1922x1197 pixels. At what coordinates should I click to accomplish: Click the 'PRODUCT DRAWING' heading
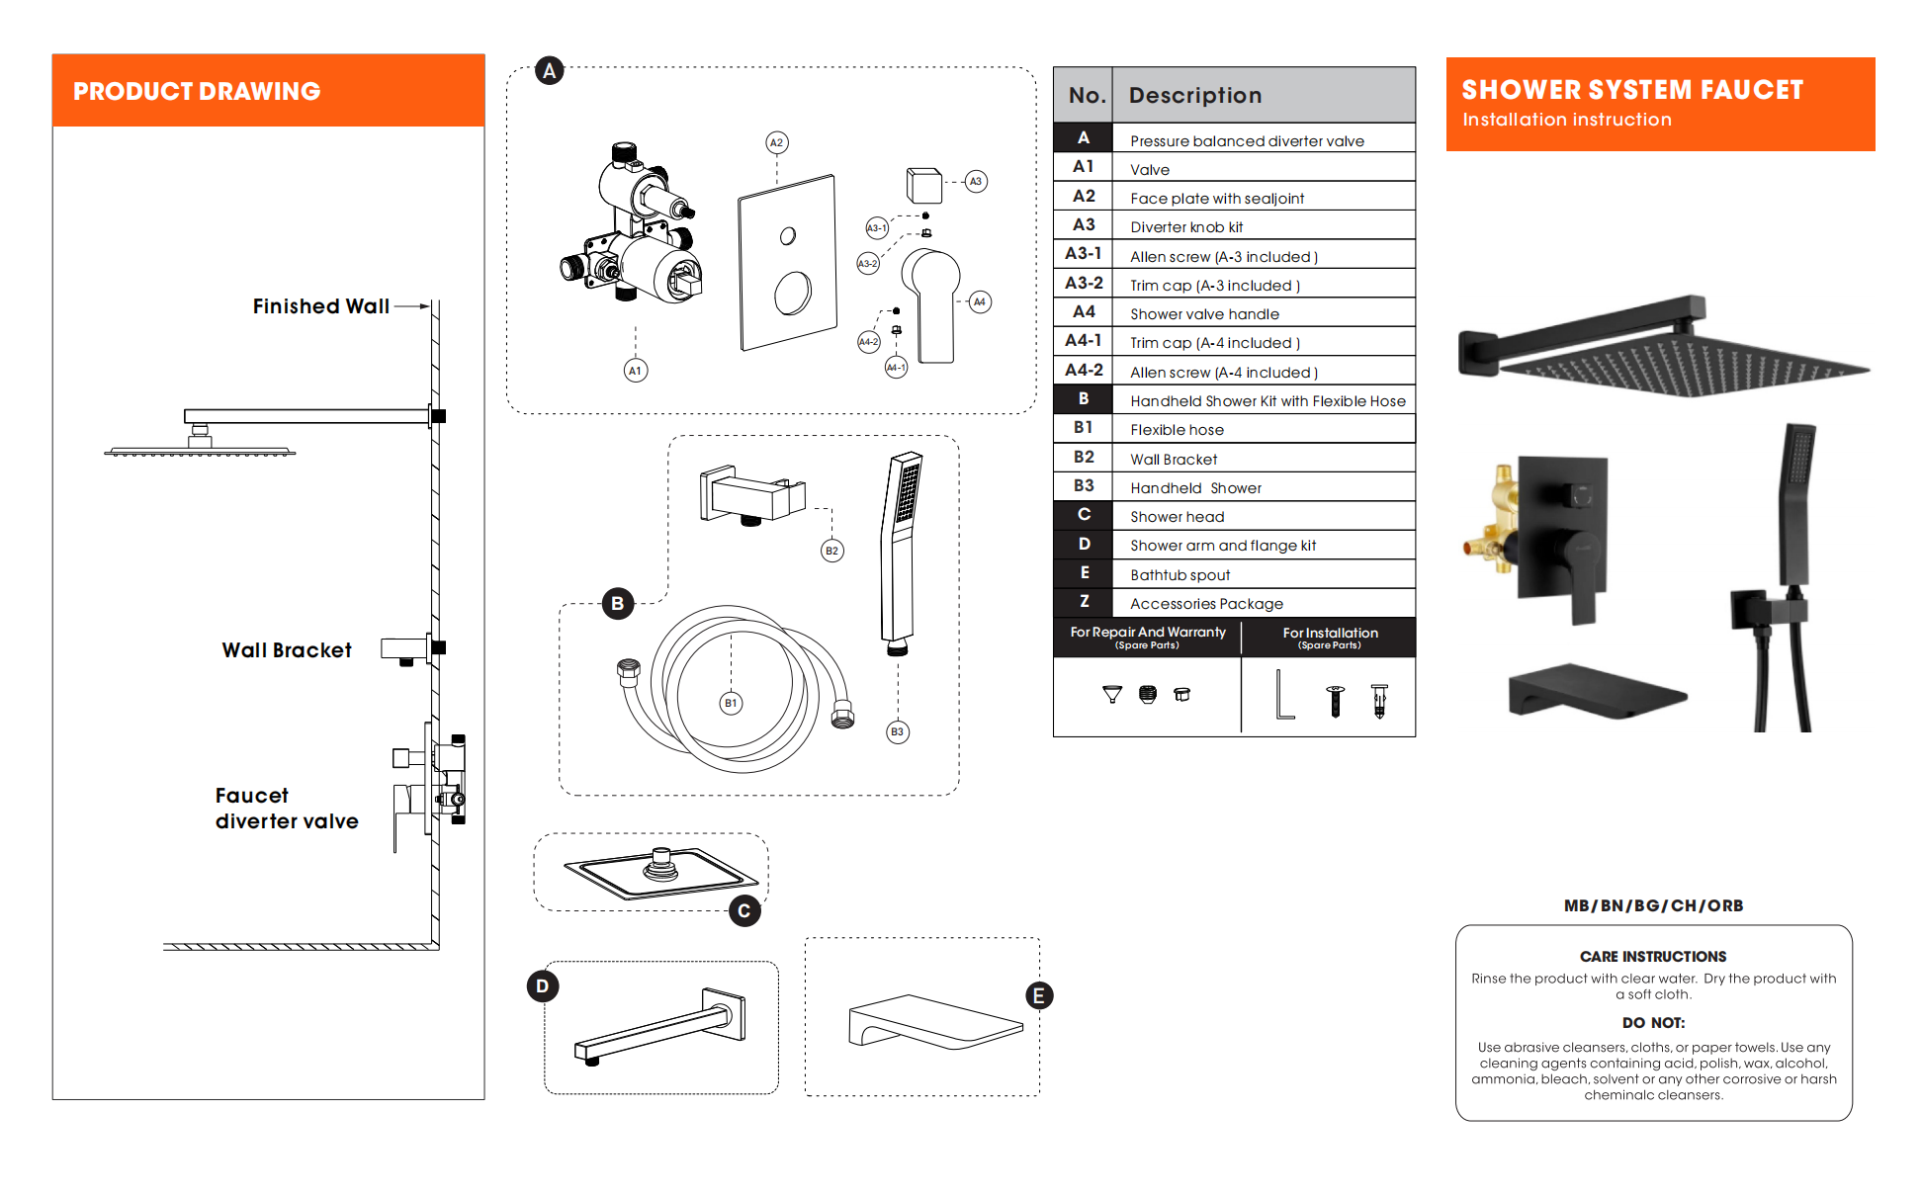point(197,91)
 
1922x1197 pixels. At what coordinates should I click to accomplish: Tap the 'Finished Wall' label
point(320,306)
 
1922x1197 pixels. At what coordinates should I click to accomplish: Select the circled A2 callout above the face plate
point(777,142)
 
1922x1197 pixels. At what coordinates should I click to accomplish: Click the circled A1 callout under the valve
point(636,371)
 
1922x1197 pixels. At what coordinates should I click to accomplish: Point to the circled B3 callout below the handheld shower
point(897,732)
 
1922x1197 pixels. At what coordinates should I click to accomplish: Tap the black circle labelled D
point(542,985)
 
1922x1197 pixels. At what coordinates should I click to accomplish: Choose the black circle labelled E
point(1038,995)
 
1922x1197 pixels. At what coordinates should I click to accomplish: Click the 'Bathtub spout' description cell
point(1179,575)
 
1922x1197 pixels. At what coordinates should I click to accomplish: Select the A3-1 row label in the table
point(1084,254)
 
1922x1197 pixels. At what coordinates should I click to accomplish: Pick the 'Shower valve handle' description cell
point(1204,314)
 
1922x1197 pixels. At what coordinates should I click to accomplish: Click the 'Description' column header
point(1194,96)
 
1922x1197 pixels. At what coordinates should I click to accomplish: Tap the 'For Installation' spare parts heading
point(1330,634)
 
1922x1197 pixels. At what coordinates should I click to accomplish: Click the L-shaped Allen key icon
point(1283,695)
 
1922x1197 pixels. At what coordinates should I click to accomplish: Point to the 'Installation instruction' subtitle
point(1566,120)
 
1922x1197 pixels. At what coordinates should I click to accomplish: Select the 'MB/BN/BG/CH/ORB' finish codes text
point(1653,905)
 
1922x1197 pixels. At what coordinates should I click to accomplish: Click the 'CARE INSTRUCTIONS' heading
point(1652,956)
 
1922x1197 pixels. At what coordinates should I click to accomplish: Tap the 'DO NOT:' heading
point(1653,1022)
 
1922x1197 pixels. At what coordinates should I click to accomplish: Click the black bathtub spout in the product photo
point(1594,692)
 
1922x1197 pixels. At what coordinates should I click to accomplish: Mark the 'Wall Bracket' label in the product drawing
point(287,650)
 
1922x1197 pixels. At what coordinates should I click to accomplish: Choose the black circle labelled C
point(744,910)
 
